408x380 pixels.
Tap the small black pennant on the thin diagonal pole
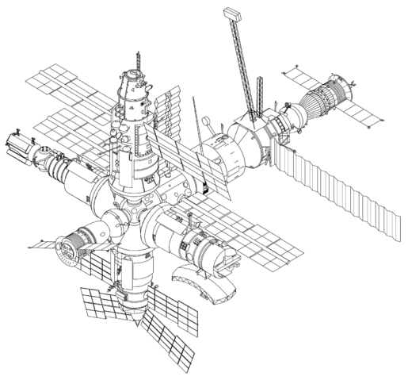pos(204,189)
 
